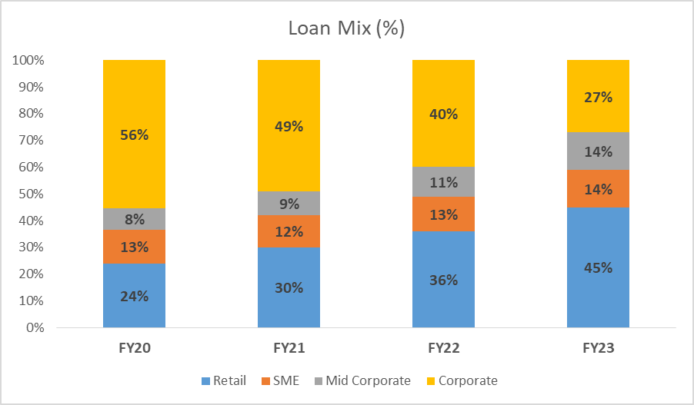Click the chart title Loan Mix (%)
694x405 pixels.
346,29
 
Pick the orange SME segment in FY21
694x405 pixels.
289,231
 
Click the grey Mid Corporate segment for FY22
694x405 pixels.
443,182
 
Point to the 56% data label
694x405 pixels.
135,134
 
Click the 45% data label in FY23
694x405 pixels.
598,268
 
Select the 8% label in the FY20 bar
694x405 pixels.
135,220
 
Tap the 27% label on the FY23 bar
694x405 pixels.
598,97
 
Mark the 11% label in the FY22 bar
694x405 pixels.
443,182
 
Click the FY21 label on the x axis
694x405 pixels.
289,348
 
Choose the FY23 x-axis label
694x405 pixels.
598,348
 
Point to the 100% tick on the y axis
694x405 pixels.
27,60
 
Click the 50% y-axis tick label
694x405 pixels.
30,194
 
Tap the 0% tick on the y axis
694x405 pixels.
33,328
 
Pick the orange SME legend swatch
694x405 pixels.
267,380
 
